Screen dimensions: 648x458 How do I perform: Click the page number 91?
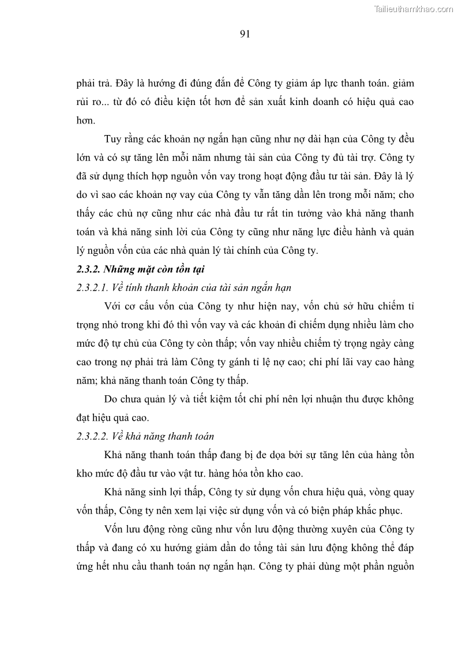244,34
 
